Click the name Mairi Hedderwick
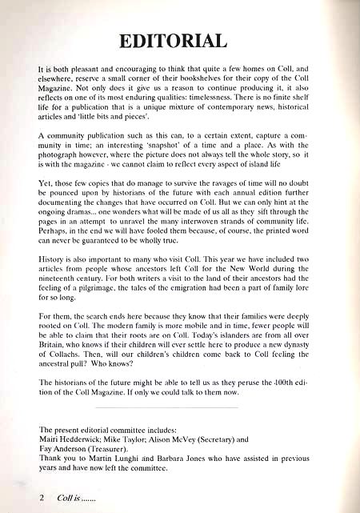[70, 439]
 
